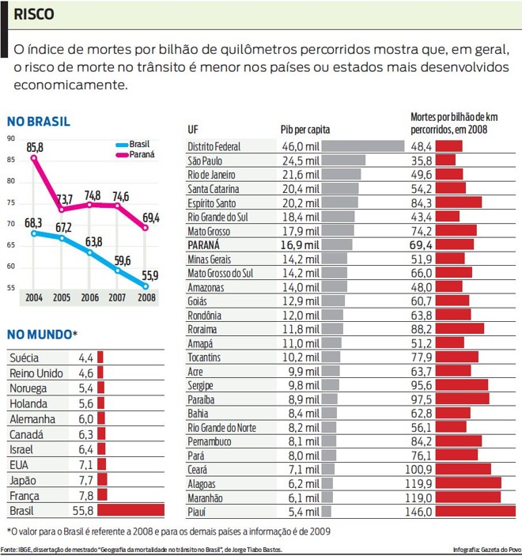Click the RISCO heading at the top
click(x=34, y=14)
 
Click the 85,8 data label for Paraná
click(x=35, y=147)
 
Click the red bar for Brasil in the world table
click(x=130, y=511)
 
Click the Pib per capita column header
click(x=305, y=129)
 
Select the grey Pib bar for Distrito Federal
click(x=352, y=146)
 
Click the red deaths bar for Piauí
click(x=475, y=512)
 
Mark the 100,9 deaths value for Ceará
click(x=418, y=469)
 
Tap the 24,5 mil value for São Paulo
click(x=301, y=161)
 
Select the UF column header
click(x=193, y=129)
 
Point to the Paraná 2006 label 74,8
click(x=93, y=195)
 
